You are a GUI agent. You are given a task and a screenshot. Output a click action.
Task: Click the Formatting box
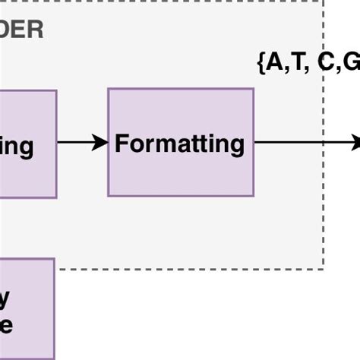click(x=180, y=142)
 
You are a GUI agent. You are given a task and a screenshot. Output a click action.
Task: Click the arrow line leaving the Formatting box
click(x=289, y=142)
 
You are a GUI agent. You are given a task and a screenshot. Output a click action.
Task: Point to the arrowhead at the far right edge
click(x=355, y=142)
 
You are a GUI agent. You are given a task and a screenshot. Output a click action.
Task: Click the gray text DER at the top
click(x=22, y=30)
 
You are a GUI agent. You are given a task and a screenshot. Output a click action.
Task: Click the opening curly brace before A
click(x=262, y=62)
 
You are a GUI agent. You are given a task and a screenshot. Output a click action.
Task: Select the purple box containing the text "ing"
click(x=27, y=144)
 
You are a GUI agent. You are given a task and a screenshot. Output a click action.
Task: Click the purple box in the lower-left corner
click(x=27, y=308)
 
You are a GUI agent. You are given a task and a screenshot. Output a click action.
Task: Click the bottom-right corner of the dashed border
click(x=324, y=268)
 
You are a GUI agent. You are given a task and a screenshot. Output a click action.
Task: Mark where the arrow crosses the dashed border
click(x=324, y=142)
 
